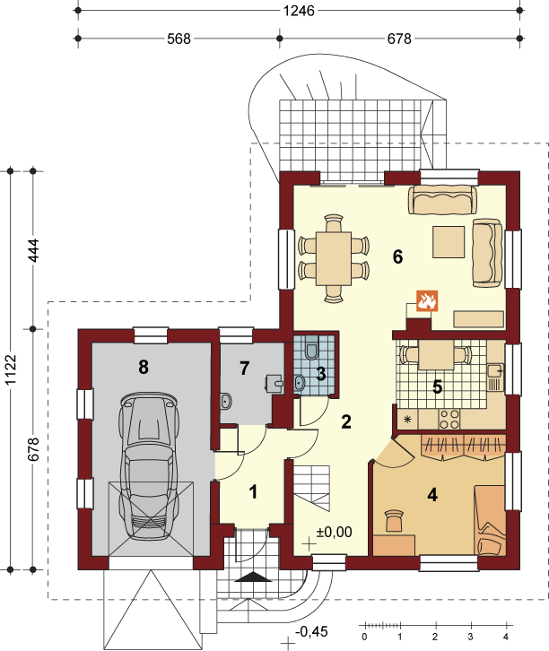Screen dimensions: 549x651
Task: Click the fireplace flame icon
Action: tap(427, 301)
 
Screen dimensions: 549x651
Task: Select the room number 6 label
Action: tap(397, 257)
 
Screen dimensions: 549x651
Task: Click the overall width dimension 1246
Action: tap(299, 11)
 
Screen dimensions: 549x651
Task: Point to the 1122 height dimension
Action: tap(10, 370)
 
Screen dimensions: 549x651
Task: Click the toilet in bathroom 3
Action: tap(311, 350)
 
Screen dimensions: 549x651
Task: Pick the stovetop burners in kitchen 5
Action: tap(449, 419)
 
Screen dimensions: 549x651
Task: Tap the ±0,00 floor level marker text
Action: tap(334, 532)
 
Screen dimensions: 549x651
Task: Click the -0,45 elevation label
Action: tap(311, 632)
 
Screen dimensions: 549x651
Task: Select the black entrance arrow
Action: tap(253, 577)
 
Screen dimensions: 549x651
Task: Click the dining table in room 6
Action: tap(334, 258)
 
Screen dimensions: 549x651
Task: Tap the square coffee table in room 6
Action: tap(449, 242)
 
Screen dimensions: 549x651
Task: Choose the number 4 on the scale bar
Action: tap(506, 637)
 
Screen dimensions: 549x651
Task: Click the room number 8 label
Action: tap(144, 367)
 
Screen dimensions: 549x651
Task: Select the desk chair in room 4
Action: tap(394, 521)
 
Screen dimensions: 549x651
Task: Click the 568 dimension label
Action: tap(179, 39)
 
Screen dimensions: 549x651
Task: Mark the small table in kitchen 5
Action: tap(436, 355)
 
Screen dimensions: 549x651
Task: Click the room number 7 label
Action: tap(245, 368)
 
